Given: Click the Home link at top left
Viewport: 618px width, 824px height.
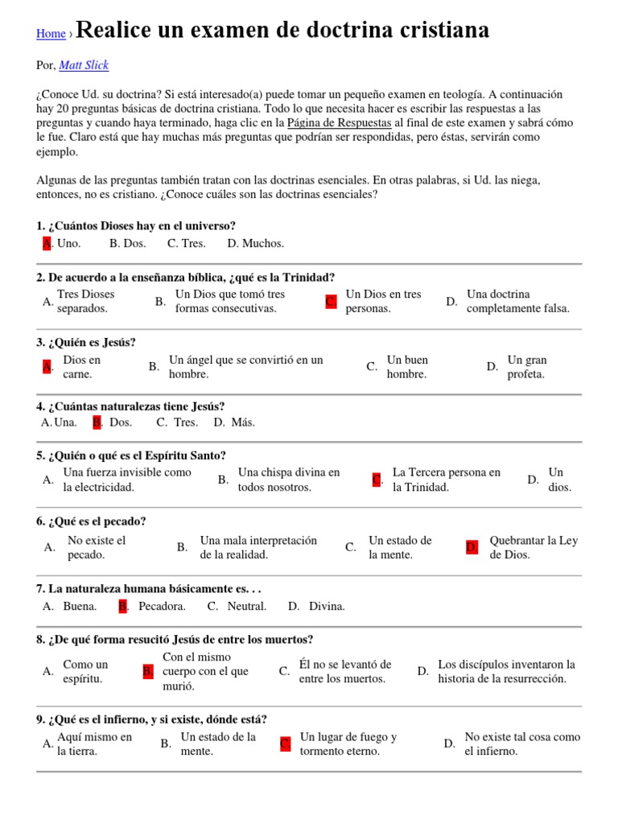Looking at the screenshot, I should click(51, 34).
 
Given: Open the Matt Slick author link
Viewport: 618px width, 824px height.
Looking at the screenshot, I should click(84, 65).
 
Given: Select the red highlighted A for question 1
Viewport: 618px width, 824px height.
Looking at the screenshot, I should click(47, 243).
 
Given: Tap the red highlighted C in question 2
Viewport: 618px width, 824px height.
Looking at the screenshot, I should click(331, 302).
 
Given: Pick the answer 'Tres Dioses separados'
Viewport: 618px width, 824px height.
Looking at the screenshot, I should click(85, 302).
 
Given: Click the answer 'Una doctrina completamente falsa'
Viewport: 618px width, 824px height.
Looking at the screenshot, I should click(517, 302).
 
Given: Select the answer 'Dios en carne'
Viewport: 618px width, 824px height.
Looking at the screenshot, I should click(81, 367).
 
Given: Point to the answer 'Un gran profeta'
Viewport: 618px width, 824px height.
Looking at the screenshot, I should click(526, 367).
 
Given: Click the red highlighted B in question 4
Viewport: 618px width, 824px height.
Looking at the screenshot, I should click(97, 422).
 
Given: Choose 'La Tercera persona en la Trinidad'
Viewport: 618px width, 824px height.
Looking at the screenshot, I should click(446, 480).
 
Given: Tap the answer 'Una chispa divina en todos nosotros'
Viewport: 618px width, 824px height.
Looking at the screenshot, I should click(288, 480).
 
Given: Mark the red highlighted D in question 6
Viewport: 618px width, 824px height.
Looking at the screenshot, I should click(472, 547).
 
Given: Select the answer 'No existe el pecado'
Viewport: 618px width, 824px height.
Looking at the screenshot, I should click(97, 547).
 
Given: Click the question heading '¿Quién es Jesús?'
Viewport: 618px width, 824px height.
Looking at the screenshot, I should click(86, 342).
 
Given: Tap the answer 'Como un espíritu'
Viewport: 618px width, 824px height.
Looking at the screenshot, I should click(85, 671).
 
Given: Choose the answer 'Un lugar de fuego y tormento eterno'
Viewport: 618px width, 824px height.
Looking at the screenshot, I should click(348, 744).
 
